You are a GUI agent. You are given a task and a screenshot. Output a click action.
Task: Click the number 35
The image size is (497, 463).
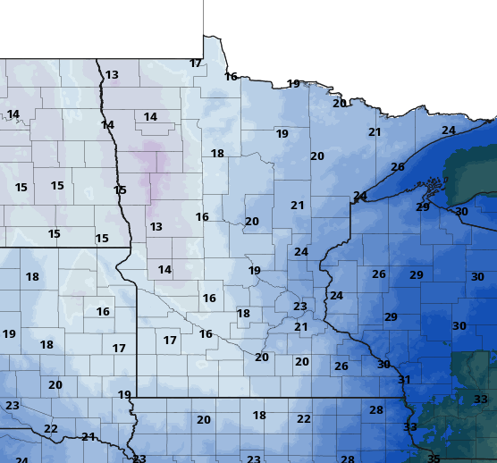click(x=434, y=459)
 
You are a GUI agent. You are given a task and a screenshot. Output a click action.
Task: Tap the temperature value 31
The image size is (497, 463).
click(x=404, y=380)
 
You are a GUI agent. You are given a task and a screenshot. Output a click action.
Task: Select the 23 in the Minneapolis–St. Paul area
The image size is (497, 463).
click(x=300, y=307)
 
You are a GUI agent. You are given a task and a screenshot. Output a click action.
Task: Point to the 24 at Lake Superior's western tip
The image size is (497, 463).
click(x=360, y=196)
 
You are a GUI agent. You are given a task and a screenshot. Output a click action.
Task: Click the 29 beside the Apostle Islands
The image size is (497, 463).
click(x=423, y=206)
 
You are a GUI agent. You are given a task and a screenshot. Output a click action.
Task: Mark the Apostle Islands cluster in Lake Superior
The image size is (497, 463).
click(x=434, y=187)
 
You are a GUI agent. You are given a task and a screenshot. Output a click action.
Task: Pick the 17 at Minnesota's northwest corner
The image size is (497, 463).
click(x=196, y=63)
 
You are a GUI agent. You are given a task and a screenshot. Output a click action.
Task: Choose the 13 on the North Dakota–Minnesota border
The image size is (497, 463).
click(x=112, y=75)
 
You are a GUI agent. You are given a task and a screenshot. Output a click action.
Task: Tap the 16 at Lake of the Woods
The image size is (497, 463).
click(x=232, y=77)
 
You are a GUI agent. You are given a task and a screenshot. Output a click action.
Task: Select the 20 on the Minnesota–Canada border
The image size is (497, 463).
click(x=340, y=103)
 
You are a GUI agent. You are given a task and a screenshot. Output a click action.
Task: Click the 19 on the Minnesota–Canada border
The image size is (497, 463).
click(x=293, y=84)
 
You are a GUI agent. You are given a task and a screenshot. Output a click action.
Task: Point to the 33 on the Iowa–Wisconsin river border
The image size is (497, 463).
click(x=410, y=427)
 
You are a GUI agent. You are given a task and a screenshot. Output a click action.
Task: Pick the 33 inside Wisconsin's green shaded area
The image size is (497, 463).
click(x=481, y=399)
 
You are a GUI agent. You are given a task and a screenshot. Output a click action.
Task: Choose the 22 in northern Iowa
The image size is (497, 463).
click(x=304, y=419)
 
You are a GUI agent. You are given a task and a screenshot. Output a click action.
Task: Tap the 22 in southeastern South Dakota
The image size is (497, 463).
click(x=51, y=429)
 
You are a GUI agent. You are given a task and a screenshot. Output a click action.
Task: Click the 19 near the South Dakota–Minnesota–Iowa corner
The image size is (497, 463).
click(x=124, y=394)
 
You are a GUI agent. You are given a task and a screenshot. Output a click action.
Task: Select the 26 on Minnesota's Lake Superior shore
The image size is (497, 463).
click(x=398, y=167)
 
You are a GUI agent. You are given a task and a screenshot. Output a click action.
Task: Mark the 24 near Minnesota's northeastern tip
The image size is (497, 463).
click(x=449, y=130)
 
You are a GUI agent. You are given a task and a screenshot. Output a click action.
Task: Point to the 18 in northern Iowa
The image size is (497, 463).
click(x=259, y=416)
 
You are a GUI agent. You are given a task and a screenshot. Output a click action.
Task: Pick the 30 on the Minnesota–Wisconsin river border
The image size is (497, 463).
click(x=383, y=365)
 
